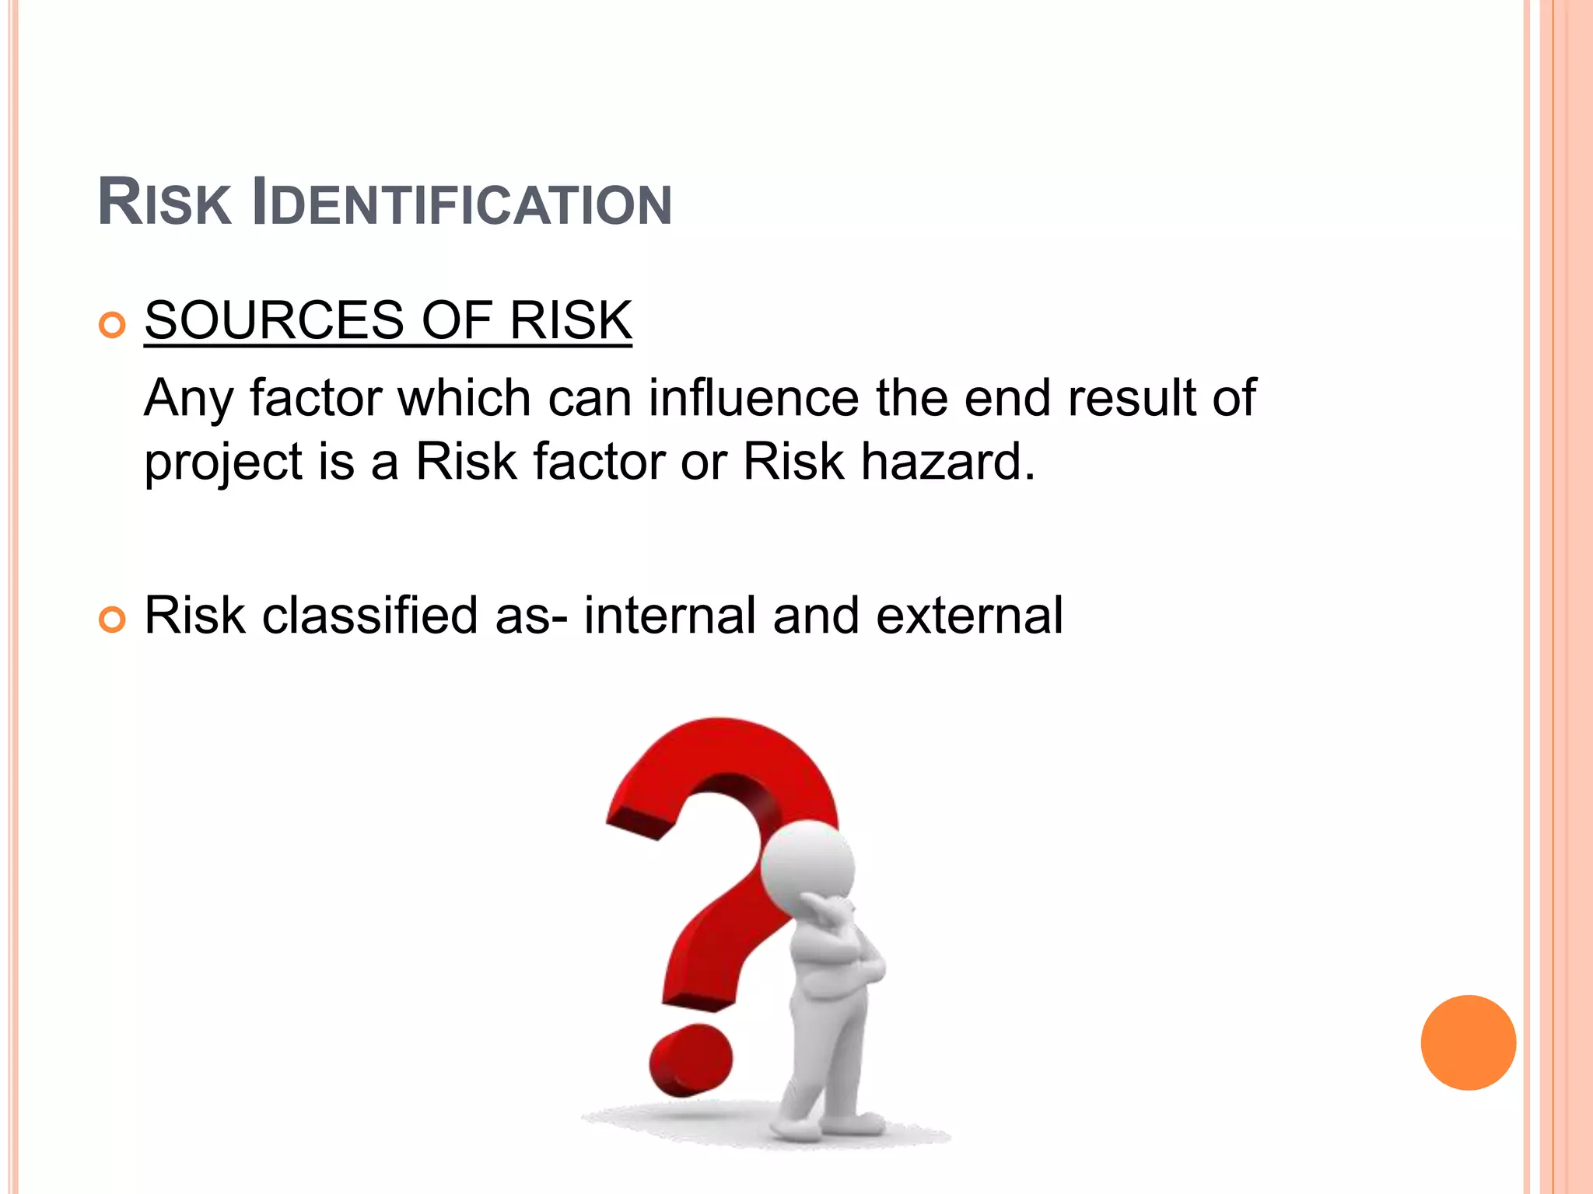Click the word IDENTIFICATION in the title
pos(463,204)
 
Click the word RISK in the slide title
pos(165,204)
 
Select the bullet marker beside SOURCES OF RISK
pos(113,324)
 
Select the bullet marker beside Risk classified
pos(113,620)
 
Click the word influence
pos(753,398)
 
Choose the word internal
pos(670,616)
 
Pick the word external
pos(969,616)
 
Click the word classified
pos(369,616)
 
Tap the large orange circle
pos(1468,1042)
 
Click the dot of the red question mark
pos(691,1060)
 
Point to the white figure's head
pos(808,866)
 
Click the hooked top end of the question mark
pos(634,824)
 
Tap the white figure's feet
pos(825,1126)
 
